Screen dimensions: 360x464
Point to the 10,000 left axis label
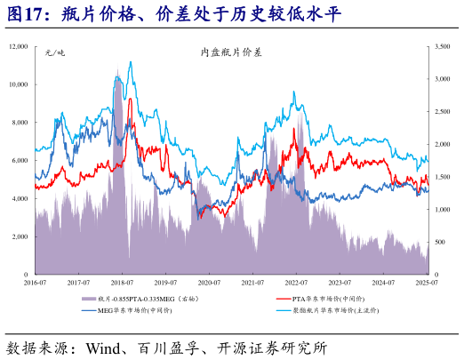[16, 84]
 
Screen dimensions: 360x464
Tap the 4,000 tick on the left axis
[20, 199]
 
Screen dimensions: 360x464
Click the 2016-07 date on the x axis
[35, 282]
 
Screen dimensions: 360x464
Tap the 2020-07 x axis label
[209, 282]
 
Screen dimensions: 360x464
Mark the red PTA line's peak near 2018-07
[130, 100]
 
